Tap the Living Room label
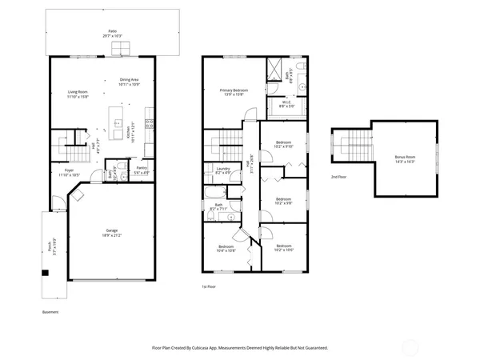point(78,95)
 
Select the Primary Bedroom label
point(234,92)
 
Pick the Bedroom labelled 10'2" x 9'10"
point(284,145)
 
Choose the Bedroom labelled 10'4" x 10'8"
point(226,248)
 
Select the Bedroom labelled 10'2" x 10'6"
point(284,248)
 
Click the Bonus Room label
point(405,158)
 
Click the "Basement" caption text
point(50,312)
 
